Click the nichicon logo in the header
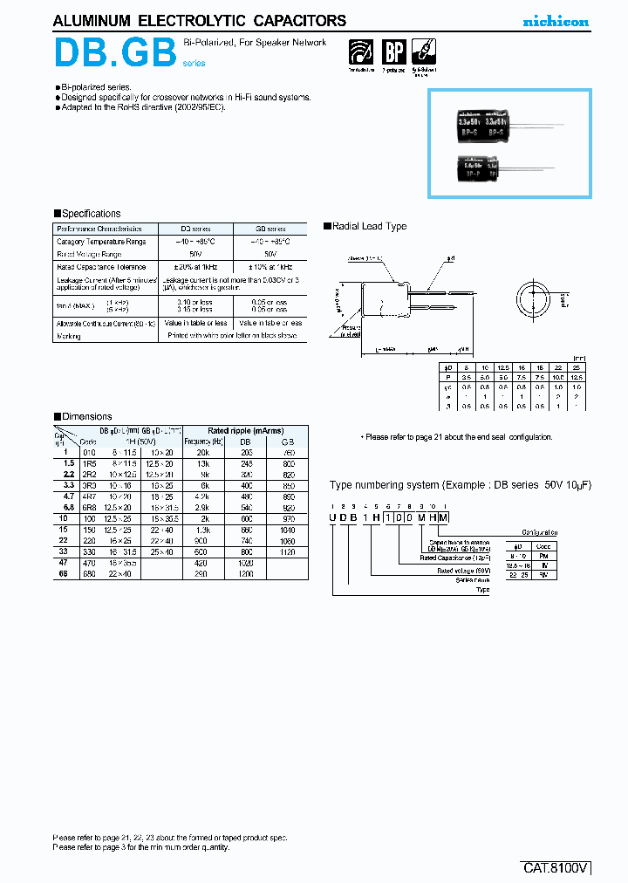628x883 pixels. (555, 22)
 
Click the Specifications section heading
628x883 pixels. (87, 214)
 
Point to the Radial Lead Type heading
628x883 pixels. (365, 227)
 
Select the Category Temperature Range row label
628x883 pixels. (101, 242)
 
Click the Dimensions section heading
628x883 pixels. (83, 417)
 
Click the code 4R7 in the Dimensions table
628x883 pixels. (90, 494)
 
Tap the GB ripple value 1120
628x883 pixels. (289, 551)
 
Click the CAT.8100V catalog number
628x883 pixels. (555, 868)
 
